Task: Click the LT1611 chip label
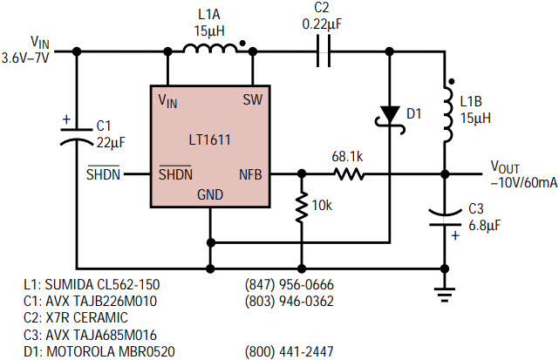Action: coord(209,139)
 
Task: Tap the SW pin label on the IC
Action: coord(252,99)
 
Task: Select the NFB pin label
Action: coord(250,174)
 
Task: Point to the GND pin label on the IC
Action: coord(210,194)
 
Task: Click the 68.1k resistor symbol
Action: coord(349,174)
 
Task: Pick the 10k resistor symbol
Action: coord(302,207)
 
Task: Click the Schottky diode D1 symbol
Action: coord(390,119)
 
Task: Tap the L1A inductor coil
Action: coord(210,49)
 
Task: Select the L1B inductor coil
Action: coord(448,114)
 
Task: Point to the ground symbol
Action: coord(445,295)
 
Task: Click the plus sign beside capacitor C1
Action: coord(66,119)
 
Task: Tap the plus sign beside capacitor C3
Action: coord(455,235)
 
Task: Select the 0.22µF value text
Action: coord(322,24)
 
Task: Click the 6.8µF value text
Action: coord(484,226)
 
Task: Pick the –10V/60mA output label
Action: coord(524,182)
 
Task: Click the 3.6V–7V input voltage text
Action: coord(25,58)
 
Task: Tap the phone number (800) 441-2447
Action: coord(290,351)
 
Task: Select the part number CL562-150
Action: coord(128,284)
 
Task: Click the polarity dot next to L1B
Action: coord(451,82)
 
